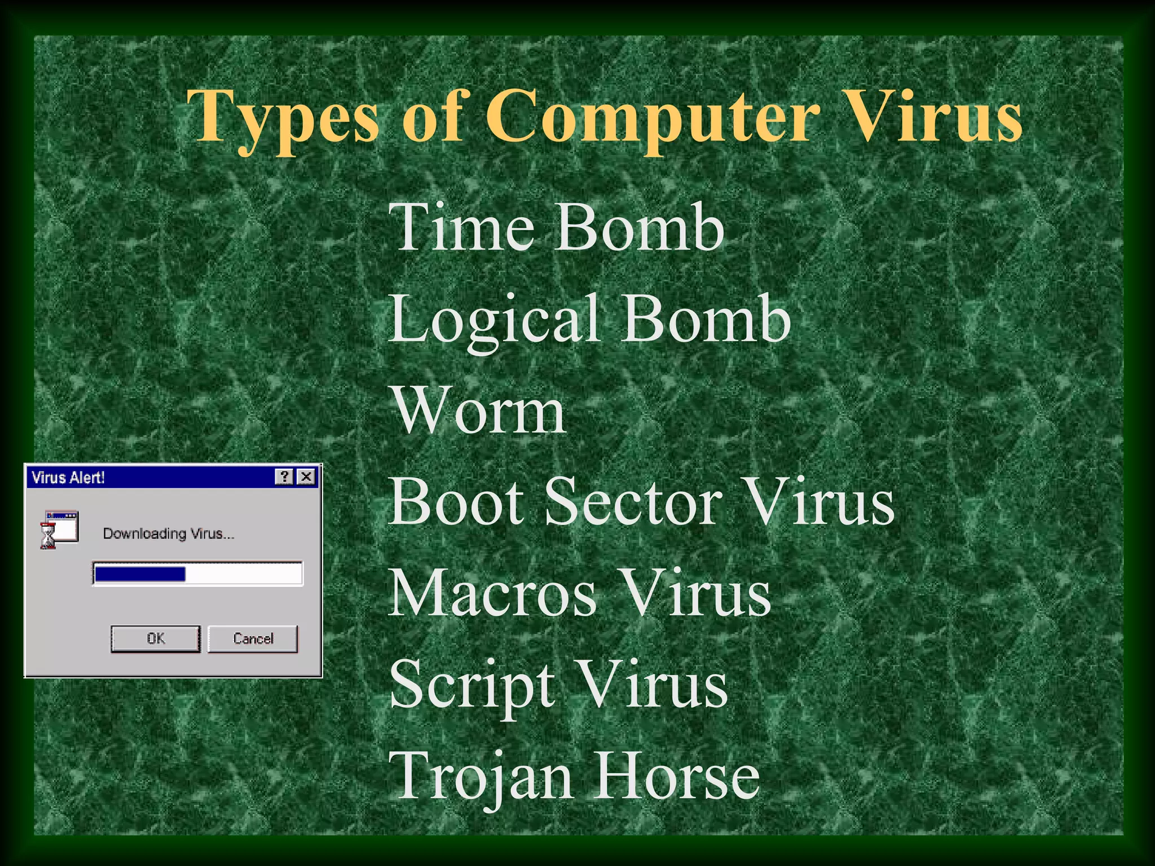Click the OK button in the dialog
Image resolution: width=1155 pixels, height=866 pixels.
[155, 638]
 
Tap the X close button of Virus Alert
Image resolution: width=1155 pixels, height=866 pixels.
[306, 477]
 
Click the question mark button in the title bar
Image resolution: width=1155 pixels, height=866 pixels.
[285, 477]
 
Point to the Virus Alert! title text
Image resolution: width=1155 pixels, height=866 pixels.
[68, 478]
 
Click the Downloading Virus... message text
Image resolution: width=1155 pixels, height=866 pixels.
[168, 533]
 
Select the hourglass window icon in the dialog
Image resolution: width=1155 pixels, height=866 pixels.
[59, 529]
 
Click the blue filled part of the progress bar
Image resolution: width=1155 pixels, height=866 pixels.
[140, 574]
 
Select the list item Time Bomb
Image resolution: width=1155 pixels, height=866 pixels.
[556, 228]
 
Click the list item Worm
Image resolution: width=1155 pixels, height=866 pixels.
[478, 410]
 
